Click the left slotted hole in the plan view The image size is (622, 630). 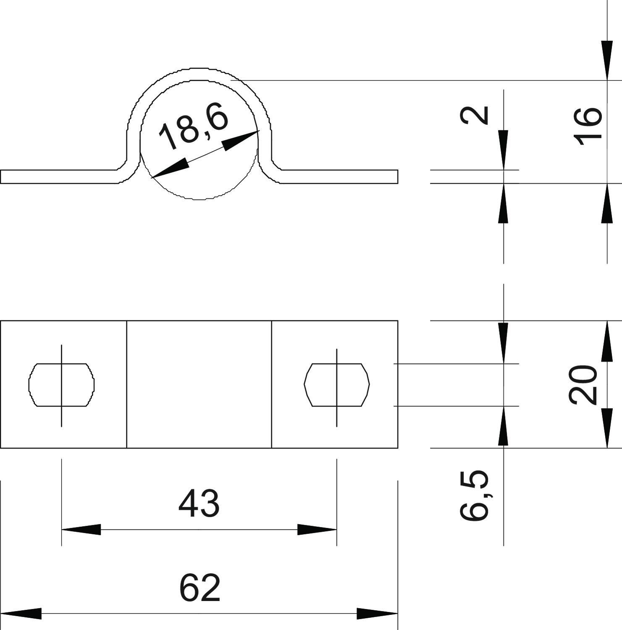[61, 385]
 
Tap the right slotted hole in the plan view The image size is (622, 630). [337, 385]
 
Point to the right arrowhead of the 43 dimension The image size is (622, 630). [317, 530]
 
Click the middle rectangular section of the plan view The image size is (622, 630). [199, 384]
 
